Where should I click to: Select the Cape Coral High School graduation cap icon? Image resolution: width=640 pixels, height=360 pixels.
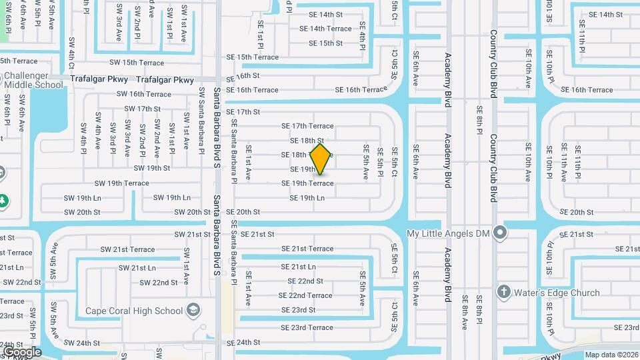(193, 311)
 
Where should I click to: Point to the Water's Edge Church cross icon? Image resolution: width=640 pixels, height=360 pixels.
(504, 293)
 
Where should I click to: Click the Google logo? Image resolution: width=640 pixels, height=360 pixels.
(22, 352)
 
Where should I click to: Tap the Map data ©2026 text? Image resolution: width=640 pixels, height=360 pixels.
(611, 355)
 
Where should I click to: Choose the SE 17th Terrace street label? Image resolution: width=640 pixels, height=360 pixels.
(307, 126)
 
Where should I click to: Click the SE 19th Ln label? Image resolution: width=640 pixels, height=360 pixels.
(307, 198)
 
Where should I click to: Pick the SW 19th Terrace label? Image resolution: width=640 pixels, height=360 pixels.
(121, 183)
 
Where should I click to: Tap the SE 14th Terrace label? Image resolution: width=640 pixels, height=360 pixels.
(325, 29)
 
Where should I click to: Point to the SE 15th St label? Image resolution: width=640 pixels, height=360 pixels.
(326, 43)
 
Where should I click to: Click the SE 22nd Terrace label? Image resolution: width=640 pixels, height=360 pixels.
(305, 295)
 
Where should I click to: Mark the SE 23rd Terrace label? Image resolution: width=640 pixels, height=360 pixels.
(307, 327)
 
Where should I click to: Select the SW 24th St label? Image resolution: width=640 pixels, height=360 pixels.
(82, 343)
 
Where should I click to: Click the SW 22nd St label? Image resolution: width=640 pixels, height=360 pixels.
(155, 283)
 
